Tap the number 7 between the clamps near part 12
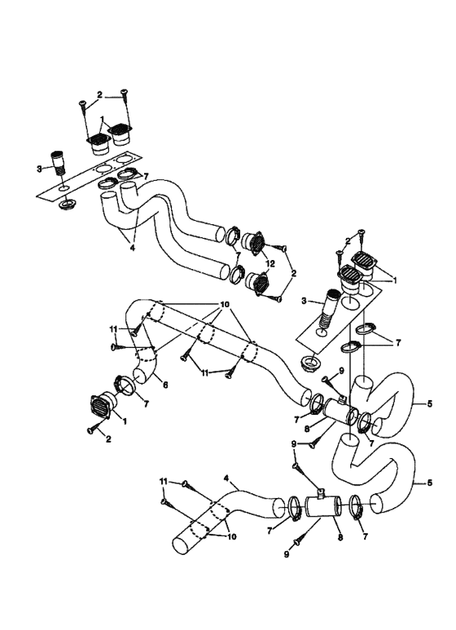point(238,255)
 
